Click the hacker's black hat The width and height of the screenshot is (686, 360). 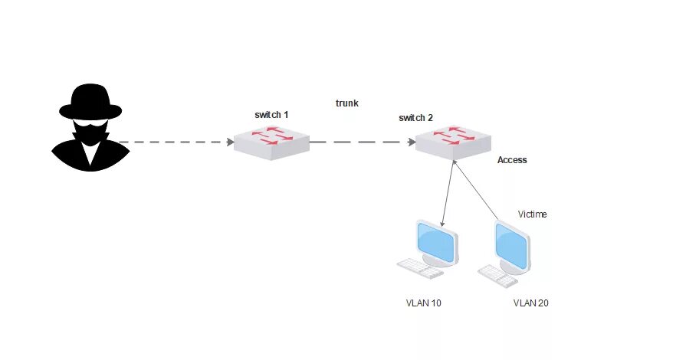(90, 102)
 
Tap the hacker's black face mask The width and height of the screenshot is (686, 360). (90, 131)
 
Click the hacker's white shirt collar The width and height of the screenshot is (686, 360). (90, 152)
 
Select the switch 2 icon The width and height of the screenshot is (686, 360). (453, 142)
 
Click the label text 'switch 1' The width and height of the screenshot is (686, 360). (271, 115)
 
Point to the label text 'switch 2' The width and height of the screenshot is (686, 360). (415, 118)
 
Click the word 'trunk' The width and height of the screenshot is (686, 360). (347, 103)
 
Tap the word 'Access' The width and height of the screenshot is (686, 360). (512, 160)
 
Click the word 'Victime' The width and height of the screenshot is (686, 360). (532, 214)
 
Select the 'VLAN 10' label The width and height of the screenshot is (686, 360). (423, 303)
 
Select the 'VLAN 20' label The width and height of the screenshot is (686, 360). (530, 303)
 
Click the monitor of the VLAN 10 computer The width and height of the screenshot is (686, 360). (437, 241)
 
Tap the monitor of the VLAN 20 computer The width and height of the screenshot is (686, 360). (513, 243)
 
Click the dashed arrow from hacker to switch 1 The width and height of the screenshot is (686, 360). (176, 142)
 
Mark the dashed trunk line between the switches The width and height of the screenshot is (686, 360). (360, 142)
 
